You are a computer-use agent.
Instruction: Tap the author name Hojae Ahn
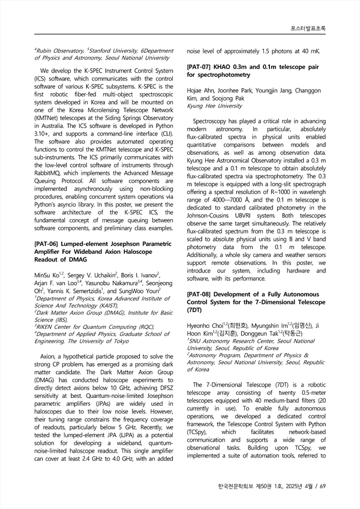pos(201,89)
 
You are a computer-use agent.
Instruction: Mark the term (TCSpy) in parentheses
pos(199,431)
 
